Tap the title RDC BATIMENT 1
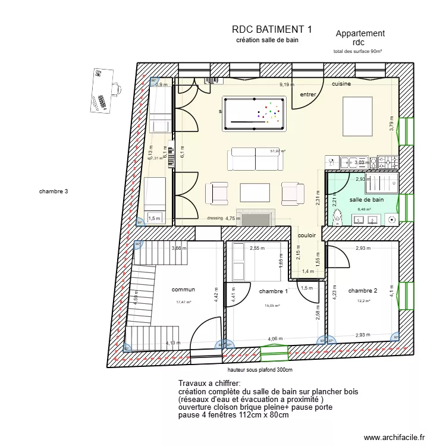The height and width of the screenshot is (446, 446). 272,29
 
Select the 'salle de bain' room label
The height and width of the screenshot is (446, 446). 366,200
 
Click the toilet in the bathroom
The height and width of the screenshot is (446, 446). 337,218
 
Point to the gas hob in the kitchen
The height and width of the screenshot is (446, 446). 389,161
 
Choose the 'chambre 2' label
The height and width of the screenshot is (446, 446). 363,291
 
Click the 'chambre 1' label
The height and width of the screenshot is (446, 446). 274,291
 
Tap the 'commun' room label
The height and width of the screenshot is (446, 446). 183,290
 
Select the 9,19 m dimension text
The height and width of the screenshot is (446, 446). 287,85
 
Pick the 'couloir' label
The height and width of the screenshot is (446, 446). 307,235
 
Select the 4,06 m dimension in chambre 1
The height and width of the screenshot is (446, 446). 275,339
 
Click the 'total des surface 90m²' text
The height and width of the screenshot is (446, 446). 357,52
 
